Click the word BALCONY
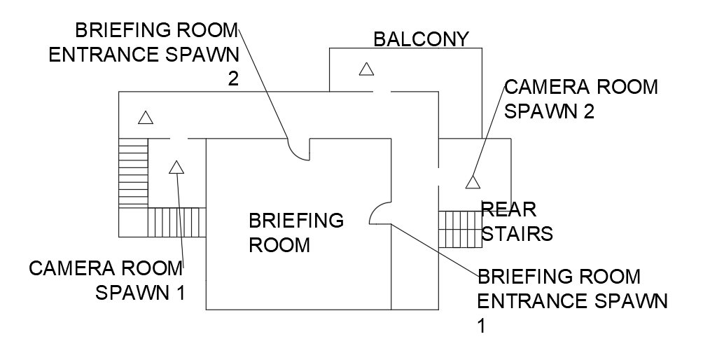[420, 39]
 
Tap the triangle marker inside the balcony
[366, 69]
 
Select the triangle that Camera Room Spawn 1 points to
[176, 167]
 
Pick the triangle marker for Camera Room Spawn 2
[473, 182]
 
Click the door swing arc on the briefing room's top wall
[299, 149]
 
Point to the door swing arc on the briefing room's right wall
[380, 214]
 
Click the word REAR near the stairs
[508, 208]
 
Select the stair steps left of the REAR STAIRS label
[460, 228]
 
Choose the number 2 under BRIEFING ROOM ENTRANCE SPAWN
[232, 78]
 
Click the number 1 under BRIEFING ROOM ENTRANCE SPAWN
[482, 325]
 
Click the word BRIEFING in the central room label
[296, 221]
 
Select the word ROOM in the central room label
[279, 244]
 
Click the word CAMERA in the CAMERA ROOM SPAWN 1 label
[69, 268]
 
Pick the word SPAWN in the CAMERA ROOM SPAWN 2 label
[539, 111]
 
